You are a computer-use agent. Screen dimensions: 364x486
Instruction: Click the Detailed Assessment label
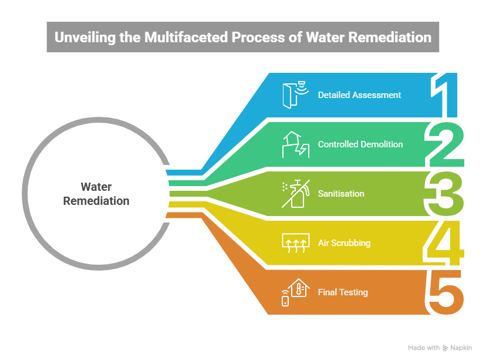[359, 95]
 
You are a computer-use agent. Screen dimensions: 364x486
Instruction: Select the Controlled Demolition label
[360, 144]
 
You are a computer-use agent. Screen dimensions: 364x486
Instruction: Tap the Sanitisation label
[341, 193]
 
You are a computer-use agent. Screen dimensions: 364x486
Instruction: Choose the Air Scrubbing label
[344, 242]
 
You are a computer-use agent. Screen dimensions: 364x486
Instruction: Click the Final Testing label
[343, 292]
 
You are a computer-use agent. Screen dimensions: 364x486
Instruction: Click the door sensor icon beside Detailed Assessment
[295, 94]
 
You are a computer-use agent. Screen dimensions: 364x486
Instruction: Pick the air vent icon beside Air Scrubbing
[295, 242]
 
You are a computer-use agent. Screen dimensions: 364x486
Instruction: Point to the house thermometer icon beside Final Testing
[295, 292]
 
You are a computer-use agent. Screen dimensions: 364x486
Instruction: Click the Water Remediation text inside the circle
[96, 194]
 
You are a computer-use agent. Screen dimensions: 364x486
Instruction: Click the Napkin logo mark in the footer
[445, 348]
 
